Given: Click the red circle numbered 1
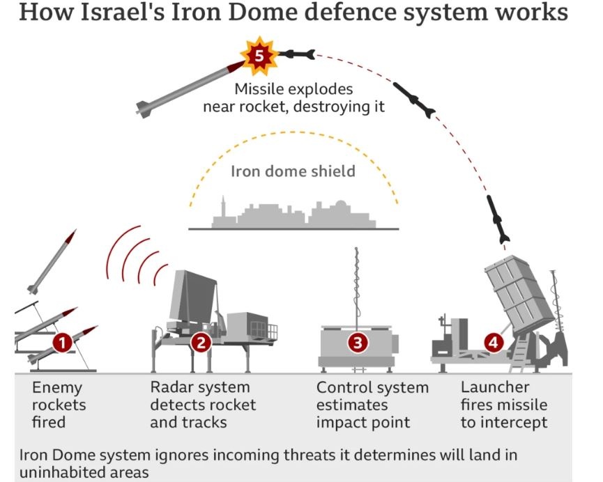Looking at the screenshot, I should coord(62,343).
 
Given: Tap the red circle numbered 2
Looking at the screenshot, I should coord(201,342).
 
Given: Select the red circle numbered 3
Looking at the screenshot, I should coord(358,342).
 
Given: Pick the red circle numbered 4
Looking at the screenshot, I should coord(493,342).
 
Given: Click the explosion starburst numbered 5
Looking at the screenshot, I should coord(259,56).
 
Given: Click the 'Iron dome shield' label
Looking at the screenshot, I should coord(293,171).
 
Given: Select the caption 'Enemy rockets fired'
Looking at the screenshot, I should coord(59,405).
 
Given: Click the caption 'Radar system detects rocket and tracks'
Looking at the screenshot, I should coord(203,405).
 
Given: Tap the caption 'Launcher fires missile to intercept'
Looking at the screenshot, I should coord(503,405).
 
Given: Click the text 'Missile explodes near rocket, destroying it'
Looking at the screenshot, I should coord(293,98).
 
